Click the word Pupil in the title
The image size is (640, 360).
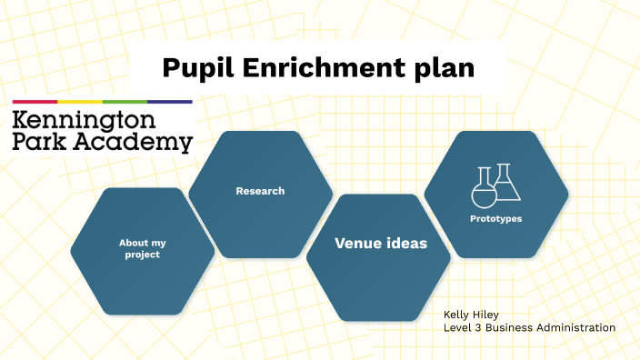[193, 67]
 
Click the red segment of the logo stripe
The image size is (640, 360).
[35, 102]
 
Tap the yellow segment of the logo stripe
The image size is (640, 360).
[80, 102]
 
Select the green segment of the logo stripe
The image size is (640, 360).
[125, 102]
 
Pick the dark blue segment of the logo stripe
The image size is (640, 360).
[170, 102]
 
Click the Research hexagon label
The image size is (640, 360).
[260, 191]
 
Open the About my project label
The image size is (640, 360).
[142, 248]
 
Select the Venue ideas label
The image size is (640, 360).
[381, 243]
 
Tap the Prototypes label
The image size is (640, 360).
[495, 218]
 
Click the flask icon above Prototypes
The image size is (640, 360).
[495, 184]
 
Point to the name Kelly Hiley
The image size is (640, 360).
[472, 315]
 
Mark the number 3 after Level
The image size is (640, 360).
[477, 327]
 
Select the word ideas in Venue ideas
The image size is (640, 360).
[405, 243]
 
